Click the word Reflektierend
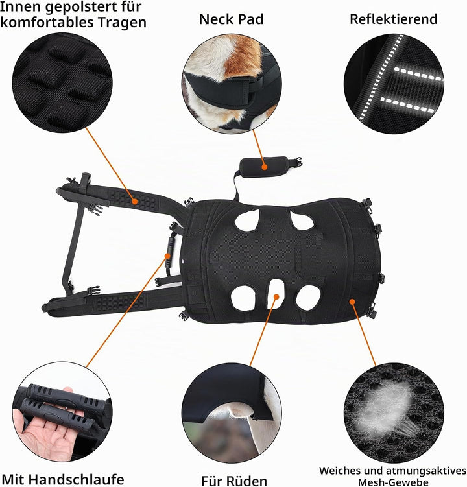click(393, 19)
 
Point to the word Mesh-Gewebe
click(393, 482)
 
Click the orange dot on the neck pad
click(265, 167)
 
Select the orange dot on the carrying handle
click(167, 256)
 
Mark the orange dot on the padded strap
click(134, 201)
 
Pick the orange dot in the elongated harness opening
click(276, 296)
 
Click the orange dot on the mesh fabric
click(352, 302)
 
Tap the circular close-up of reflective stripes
click(394, 84)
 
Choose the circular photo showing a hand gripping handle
click(62, 412)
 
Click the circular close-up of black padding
click(62, 82)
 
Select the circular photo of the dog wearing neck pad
click(232, 84)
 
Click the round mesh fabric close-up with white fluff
click(394, 413)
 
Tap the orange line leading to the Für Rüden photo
click(263, 332)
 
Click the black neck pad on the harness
click(265, 167)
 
